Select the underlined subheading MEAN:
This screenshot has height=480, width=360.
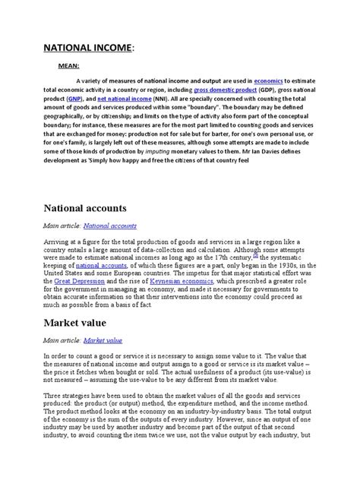(70, 66)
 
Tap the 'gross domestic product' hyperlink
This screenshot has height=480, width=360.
(225, 89)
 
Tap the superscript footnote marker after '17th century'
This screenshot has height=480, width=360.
(257, 254)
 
